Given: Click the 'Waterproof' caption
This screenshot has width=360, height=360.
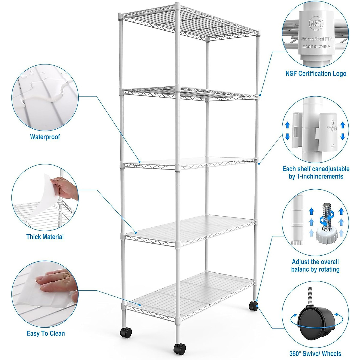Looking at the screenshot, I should pos(45,137).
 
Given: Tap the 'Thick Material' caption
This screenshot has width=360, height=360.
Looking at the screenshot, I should pos(45,237).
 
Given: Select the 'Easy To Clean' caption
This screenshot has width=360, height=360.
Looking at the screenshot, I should pos(46,333).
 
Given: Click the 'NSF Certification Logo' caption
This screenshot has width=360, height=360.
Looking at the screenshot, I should pos(316,73).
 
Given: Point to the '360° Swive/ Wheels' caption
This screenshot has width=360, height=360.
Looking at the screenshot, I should pos(315,354).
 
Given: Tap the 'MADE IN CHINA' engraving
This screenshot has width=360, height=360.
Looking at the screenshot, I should pos(316,47).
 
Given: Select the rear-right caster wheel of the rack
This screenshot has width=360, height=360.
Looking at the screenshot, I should pos(253,306).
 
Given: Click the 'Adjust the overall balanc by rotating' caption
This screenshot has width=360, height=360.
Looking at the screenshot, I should pos(315,265).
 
